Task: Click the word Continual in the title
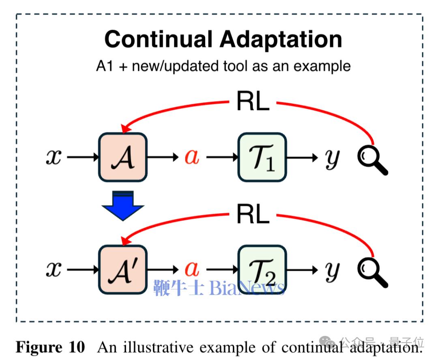tap(158, 39)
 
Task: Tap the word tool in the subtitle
tap(230, 66)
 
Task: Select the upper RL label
tap(253, 101)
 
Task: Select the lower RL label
tap(253, 214)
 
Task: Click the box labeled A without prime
tap(122, 157)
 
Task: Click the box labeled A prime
tap(122, 269)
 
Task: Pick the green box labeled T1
tap(262, 157)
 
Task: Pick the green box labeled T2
tap(262, 269)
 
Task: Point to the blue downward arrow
tap(123, 205)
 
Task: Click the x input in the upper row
tap(53, 157)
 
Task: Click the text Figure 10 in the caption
tap(50, 347)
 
